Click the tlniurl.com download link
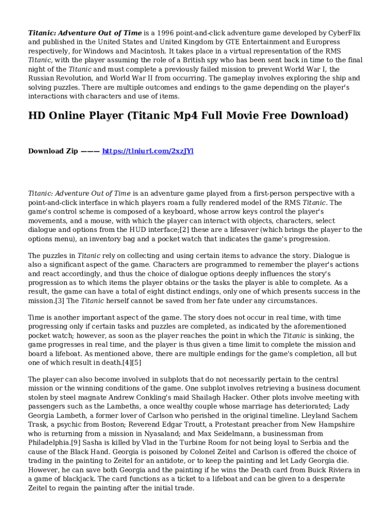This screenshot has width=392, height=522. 148,151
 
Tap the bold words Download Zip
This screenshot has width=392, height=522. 53,151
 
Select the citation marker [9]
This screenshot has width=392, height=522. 75,442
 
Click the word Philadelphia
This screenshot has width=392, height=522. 49,442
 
